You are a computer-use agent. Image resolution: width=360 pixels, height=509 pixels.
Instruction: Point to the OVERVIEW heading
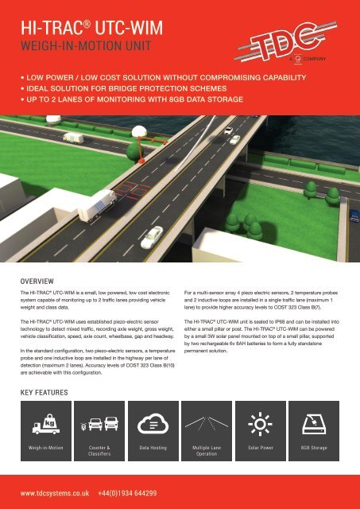pos(37,281)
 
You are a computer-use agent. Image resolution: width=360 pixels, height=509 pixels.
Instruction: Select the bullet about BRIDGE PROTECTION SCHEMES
pos(112,92)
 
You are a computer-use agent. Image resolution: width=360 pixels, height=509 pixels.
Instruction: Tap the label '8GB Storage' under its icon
pos(321,449)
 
